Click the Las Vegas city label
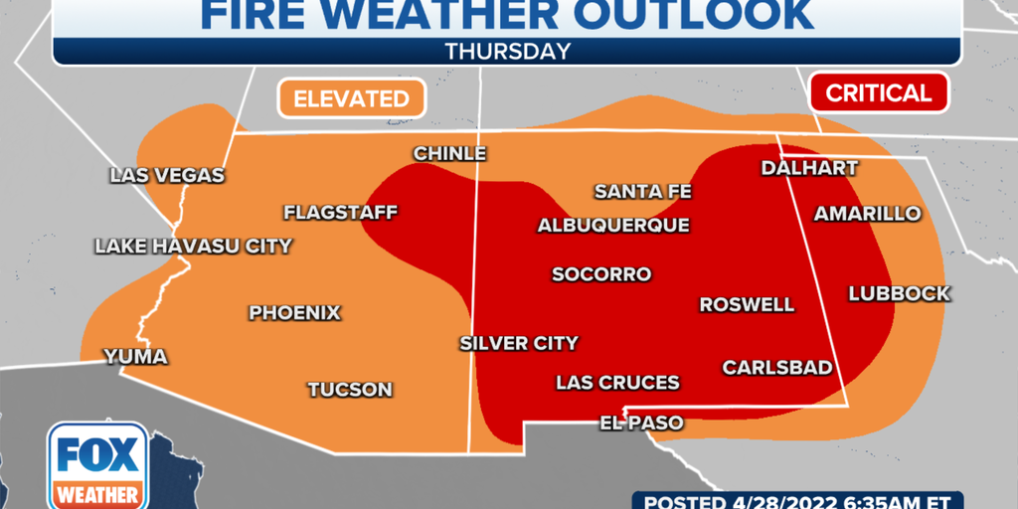click(167, 176)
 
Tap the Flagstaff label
click(340, 213)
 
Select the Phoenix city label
click(294, 313)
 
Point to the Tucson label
click(350, 390)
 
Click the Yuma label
click(136, 357)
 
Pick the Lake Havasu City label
click(193, 247)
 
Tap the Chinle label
click(449, 154)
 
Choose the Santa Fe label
click(642, 192)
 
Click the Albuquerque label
click(613, 226)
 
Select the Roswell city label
click(747, 305)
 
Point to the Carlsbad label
click(777, 368)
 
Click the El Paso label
click(641, 424)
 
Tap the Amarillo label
click(867, 214)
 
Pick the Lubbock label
click(900, 294)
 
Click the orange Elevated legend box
click(351, 98)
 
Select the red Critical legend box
click(879, 93)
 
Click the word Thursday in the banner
click(508, 50)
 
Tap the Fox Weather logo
click(97, 466)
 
